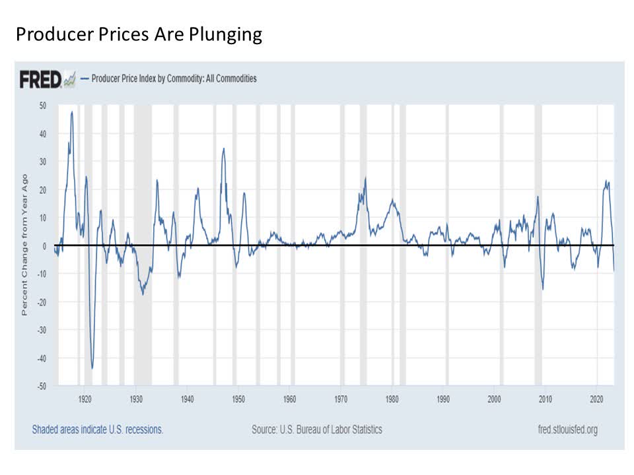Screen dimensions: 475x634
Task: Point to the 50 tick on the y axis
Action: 42,106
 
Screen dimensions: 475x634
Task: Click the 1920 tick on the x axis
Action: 85,398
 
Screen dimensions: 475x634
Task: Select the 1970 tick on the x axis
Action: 341,398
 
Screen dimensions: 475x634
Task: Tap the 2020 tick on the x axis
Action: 597,398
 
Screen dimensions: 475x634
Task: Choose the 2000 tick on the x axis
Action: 495,398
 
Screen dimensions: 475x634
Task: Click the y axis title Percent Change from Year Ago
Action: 24,245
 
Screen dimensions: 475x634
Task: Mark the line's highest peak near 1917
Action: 72,112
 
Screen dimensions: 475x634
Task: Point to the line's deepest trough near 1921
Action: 92,367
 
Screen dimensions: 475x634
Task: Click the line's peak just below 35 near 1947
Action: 223,148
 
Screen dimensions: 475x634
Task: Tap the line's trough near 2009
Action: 543,289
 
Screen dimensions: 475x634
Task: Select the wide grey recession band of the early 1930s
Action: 143,245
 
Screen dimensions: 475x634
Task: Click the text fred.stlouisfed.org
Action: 568,429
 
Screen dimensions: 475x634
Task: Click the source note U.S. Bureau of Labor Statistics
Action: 316,429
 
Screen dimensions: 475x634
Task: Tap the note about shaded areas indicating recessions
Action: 98,429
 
